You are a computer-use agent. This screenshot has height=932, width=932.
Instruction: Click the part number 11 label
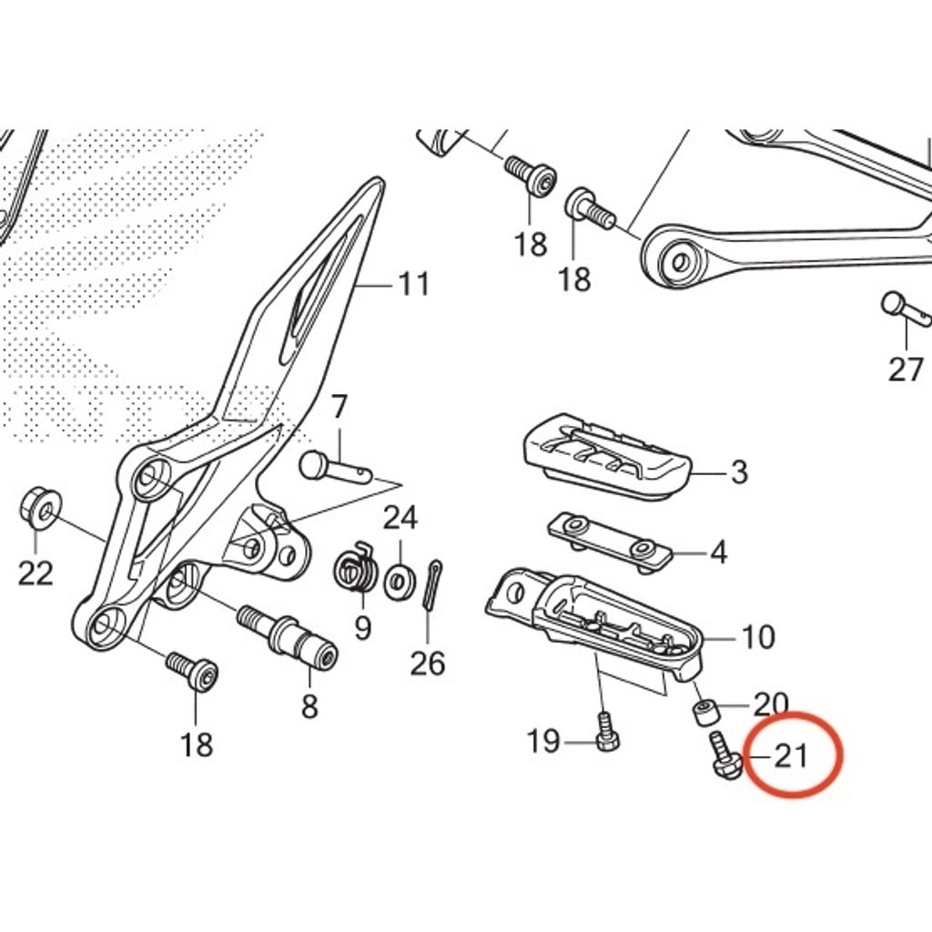[414, 284]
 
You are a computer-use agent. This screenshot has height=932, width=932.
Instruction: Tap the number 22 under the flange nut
[35, 573]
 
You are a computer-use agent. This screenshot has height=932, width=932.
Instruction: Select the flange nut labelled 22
[40, 509]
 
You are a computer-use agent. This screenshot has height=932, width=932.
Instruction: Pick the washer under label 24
[399, 582]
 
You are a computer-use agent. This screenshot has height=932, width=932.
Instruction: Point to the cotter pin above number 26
[432, 584]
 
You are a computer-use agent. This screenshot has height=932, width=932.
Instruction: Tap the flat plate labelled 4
[609, 542]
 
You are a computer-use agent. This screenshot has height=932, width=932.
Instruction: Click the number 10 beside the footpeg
[759, 636]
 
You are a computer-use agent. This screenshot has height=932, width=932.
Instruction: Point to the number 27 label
[906, 370]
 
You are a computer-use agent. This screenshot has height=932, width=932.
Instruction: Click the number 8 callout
[309, 706]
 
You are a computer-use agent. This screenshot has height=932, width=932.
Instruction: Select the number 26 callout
[428, 664]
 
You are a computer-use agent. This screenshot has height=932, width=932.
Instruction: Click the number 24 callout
[400, 518]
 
